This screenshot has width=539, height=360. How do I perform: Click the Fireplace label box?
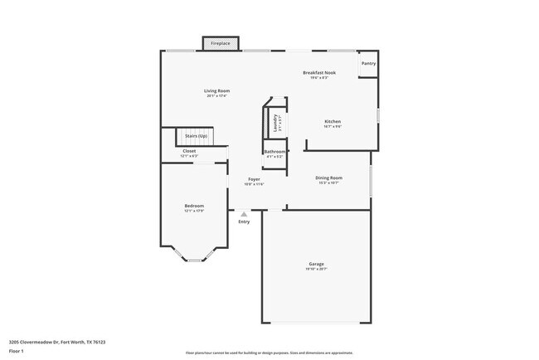(x=221, y=43)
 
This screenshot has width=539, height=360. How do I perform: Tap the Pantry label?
(x=367, y=63)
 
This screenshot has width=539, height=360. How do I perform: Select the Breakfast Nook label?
(x=318, y=73)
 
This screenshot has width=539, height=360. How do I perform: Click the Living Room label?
(x=217, y=90)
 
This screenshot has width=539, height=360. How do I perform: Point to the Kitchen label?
(x=333, y=122)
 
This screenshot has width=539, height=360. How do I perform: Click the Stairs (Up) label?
(x=196, y=135)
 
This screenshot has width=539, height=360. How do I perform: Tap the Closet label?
(x=189, y=151)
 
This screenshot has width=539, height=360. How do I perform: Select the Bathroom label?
(x=274, y=152)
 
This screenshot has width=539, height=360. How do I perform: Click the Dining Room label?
(x=328, y=178)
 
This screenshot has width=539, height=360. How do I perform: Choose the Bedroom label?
(x=194, y=206)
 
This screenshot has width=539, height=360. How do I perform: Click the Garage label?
(x=317, y=265)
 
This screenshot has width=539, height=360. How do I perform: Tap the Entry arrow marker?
(x=244, y=214)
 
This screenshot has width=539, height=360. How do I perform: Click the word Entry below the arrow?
(x=244, y=222)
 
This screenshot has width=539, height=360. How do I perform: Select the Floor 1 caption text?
(x=17, y=351)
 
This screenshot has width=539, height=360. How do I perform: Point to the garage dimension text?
(x=317, y=270)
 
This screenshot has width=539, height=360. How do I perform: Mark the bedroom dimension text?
(x=194, y=211)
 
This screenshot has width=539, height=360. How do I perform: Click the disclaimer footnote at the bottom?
(x=269, y=354)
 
